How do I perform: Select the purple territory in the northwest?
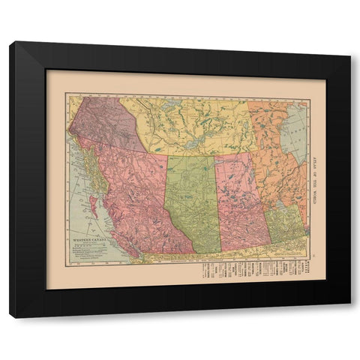105,120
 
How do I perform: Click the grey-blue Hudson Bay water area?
296,131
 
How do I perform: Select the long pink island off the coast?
95,202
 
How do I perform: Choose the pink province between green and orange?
240,202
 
